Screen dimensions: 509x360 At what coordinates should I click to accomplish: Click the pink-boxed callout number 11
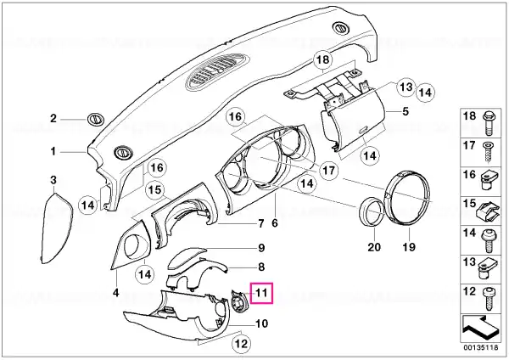pyautogui.click(x=261, y=293)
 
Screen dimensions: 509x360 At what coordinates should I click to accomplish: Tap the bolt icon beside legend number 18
pyautogui.click(x=489, y=123)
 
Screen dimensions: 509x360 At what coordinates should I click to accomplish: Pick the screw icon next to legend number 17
pyautogui.click(x=489, y=152)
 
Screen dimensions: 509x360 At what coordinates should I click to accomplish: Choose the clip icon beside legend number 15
pyautogui.click(x=488, y=212)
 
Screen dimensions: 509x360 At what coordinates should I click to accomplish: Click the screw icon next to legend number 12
pyautogui.click(x=489, y=299)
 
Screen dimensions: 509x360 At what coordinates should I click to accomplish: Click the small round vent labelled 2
pyautogui.click(x=96, y=119)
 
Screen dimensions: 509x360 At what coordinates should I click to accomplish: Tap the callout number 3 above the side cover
pyautogui.click(x=53, y=180)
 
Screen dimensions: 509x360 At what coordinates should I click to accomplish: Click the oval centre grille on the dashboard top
pyautogui.click(x=218, y=72)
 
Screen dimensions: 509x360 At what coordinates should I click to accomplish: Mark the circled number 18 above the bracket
pyautogui.click(x=323, y=59)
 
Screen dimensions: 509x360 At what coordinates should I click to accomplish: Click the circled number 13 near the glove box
pyautogui.click(x=406, y=87)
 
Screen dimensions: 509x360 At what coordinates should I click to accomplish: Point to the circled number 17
pyautogui.click(x=328, y=170)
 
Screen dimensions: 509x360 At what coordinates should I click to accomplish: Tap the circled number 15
pyautogui.click(x=155, y=189)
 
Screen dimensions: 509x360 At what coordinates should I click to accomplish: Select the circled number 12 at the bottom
pyautogui.click(x=241, y=343)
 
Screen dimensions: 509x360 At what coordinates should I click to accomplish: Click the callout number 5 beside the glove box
pyautogui.click(x=406, y=111)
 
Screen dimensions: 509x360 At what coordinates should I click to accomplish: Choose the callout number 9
pyautogui.click(x=261, y=248)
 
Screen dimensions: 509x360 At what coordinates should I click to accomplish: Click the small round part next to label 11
pyautogui.click(x=239, y=301)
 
